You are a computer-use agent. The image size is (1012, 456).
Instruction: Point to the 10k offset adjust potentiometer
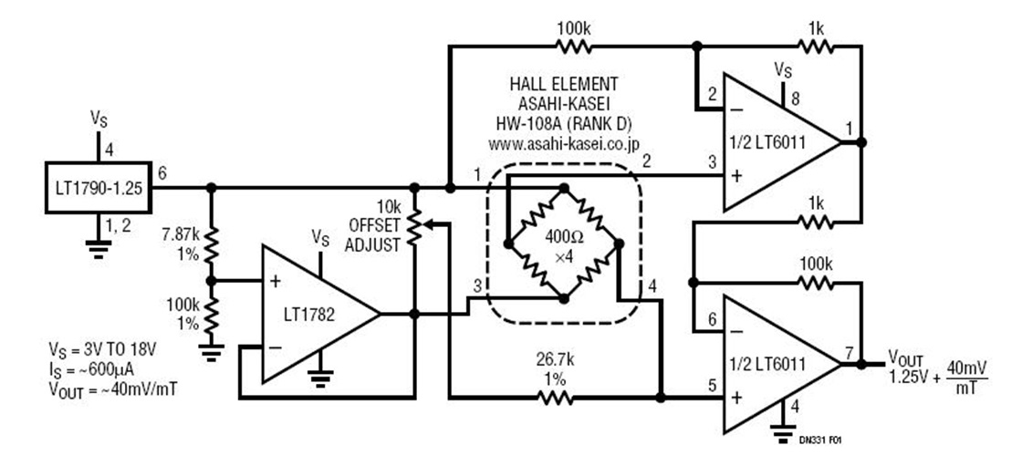(415, 233)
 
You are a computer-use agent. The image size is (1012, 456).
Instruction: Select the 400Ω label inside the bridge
(563, 234)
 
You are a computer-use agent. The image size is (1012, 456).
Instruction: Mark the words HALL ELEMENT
(563, 84)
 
